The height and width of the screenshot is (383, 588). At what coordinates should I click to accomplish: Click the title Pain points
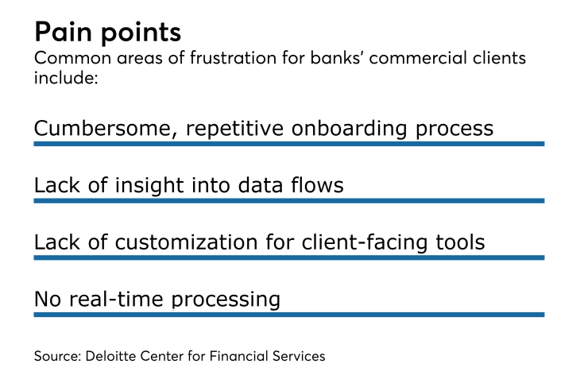(107, 33)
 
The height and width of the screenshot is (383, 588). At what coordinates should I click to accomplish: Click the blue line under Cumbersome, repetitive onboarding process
(288, 144)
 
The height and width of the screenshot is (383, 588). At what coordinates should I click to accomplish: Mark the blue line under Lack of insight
(288, 201)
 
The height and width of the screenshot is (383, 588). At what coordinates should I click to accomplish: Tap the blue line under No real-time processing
(288, 315)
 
